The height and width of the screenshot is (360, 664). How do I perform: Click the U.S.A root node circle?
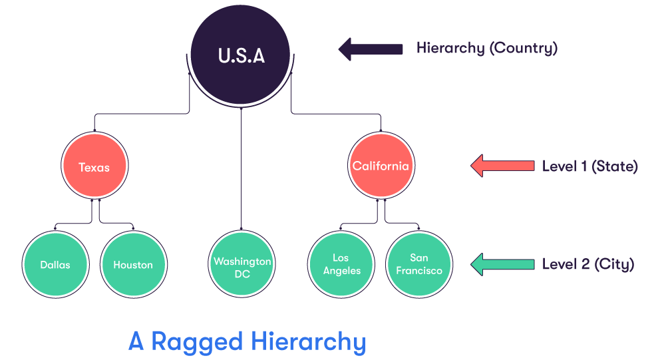coord(241,55)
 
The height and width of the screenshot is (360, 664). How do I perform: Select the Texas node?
coord(94,166)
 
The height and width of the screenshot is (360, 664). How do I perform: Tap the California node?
coord(381,166)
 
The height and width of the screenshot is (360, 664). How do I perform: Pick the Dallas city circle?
coord(55,264)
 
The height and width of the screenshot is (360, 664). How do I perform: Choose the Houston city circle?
coord(133,264)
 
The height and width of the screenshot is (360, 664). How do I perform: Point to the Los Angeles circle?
coord(341,264)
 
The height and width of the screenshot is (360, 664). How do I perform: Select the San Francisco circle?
coord(419,264)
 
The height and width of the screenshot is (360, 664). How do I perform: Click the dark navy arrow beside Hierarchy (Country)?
coord(371,49)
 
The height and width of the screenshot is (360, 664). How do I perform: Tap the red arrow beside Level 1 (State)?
coord(502,166)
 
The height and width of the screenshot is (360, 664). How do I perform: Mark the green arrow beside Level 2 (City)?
coord(502,264)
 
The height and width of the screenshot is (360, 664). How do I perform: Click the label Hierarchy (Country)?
coord(486,49)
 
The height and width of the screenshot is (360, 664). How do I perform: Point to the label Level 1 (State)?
coord(589,166)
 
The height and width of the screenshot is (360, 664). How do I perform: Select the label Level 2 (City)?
coord(587,264)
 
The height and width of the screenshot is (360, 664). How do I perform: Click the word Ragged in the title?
coord(198,342)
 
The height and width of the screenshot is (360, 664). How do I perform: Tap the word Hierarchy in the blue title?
coord(309,342)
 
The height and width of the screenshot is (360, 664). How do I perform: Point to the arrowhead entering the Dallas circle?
coord(55,229)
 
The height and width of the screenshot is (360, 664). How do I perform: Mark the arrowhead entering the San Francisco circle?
coord(419,229)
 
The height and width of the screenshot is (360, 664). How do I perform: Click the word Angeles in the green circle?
coord(341,271)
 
